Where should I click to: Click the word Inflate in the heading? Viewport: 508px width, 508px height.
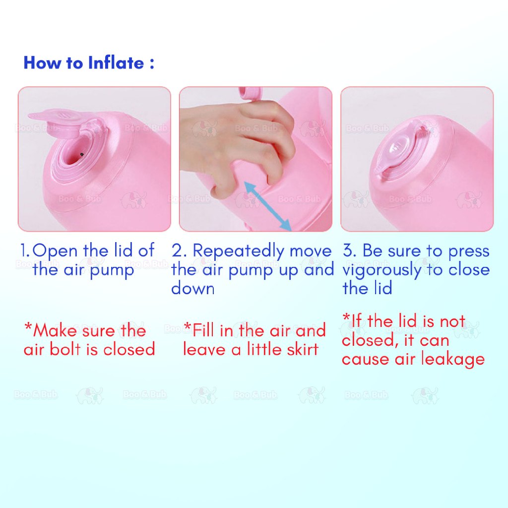(x=116, y=63)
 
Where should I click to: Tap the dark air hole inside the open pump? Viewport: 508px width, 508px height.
(x=82, y=155)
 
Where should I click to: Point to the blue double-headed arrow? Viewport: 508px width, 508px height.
(x=267, y=206)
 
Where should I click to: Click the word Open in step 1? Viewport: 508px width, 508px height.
(x=55, y=252)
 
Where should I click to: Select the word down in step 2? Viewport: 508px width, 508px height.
(x=193, y=288)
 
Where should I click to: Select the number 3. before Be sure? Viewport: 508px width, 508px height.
(x=350, y=251)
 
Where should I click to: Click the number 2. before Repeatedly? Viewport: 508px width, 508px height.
(x=179, y=251)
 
